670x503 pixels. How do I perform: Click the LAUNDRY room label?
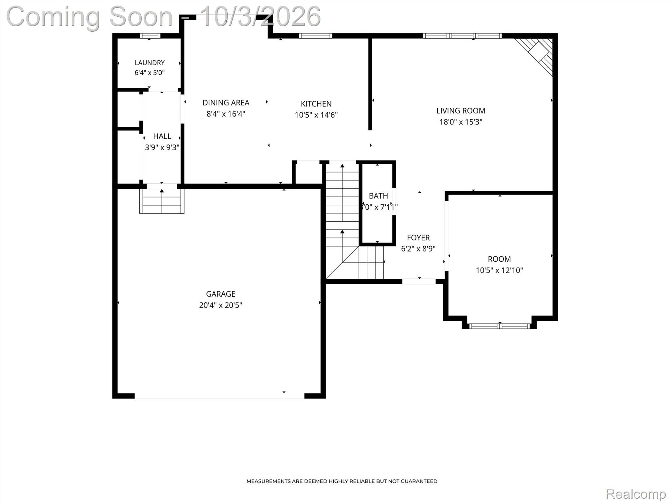click(150, 63)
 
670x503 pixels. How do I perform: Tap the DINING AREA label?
click(226, 103)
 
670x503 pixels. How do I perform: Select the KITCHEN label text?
click(316, 104)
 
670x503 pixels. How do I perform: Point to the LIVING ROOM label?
click(461, 111)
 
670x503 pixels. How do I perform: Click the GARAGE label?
click(220, 294)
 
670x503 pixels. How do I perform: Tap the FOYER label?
click(418, 237)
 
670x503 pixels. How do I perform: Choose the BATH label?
click(378, 196)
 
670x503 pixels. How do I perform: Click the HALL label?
click(162, 136)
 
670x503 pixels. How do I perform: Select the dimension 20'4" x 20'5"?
click(220, 305)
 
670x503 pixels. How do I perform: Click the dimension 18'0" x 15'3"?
click(461, 122)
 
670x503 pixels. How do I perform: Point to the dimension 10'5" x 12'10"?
click(499, 270)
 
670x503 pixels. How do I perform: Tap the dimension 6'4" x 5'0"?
click(150, 72)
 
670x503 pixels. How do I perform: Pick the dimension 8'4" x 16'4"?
click(226, 114)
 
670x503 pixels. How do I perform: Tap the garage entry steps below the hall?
click(162, 201)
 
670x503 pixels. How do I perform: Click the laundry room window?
click(150, 36)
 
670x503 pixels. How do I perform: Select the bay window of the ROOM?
click(499, 326)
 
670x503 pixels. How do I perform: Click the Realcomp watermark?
click(636, 494)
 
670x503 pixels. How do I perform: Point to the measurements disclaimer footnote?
click(342, 481)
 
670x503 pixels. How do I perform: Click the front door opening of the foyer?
click(419, 281)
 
